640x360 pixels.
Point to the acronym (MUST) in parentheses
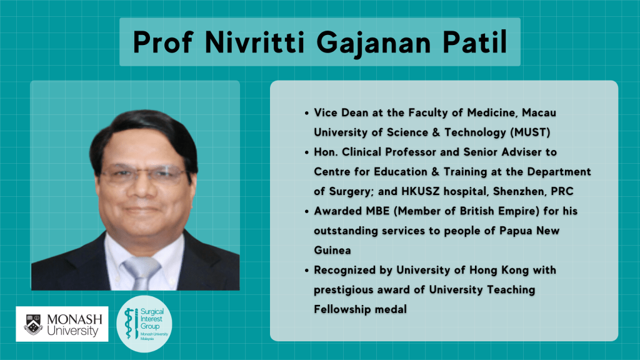pyautogui.click(x=530, y=132)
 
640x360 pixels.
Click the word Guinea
pyautogui.click(x=332, y=250)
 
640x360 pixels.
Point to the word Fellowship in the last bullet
pyautogui.click(x=341, y=309)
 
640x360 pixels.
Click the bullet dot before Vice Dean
pyautogui.click(x=306, y=114)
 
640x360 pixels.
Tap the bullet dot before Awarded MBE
pyautogui.click(x=306, y=212)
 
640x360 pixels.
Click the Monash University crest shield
pyautogui.click(x=33, y=324)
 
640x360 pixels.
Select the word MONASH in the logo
pyautogui.click(x=75, y=319)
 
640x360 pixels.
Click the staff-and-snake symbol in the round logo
pyautogui.click(x=131, y=324)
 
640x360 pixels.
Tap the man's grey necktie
pyautogui.click(x=142, y=272)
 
